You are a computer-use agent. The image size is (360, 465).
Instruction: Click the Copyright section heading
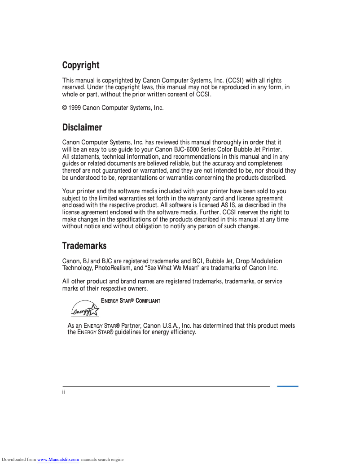(x=81, y=65)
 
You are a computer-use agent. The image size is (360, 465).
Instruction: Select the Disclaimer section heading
(x=82, y=128)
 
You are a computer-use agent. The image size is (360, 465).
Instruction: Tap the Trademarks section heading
(x=84, y=246)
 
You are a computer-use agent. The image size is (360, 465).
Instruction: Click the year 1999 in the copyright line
(x=75, y=108)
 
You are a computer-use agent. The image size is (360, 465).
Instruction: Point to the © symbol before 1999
(x=65, y=108)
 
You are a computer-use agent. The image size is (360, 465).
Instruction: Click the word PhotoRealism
(x=113, y=268)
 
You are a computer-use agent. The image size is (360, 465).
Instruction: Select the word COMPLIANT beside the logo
(x=146, y=301)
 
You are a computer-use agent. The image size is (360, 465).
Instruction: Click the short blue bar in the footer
(x=287, y=386)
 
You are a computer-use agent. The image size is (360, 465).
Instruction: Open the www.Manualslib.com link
(x=58, y=460)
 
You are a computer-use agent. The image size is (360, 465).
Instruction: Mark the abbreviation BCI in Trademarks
(x=198, y=261)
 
